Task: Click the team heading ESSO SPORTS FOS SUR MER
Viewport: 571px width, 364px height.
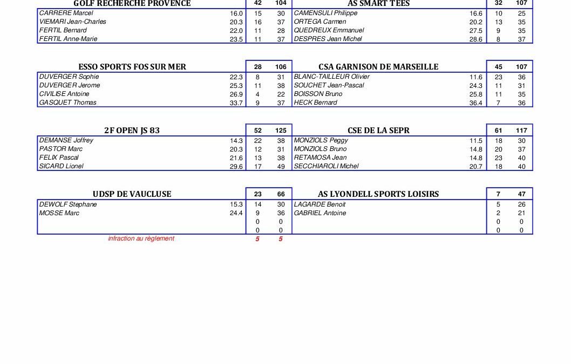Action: point(132,67)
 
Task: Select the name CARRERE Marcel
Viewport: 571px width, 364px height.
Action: point(66,13)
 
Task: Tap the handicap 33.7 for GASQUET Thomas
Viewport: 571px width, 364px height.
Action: point(236,103)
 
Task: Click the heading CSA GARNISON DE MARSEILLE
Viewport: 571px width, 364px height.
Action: point(378,67)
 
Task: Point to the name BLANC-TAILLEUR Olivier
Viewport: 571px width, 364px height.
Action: point(331,77)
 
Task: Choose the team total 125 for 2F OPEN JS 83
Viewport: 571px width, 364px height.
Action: point(281,131)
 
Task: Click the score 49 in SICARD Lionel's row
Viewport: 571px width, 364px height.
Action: point(281,167)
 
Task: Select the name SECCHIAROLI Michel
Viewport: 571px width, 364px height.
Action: point(326,166)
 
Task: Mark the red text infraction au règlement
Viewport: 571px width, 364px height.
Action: point(141,238)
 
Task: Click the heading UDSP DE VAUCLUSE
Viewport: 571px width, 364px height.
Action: point(132,194)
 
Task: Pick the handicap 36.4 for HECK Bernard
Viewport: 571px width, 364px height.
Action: point(475,103)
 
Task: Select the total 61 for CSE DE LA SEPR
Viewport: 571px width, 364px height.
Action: point(498,131)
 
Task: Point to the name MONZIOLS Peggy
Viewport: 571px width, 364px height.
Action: point(321,140)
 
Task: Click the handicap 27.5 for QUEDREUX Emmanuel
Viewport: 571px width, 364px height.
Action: point(475,31)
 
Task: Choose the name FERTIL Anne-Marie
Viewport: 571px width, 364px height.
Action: point(69,39)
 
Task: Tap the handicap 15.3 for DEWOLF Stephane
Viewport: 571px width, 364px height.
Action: point(236,205)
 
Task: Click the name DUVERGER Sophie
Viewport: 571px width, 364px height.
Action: point(69,77)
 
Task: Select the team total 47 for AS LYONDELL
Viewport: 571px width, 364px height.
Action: point(521,194)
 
